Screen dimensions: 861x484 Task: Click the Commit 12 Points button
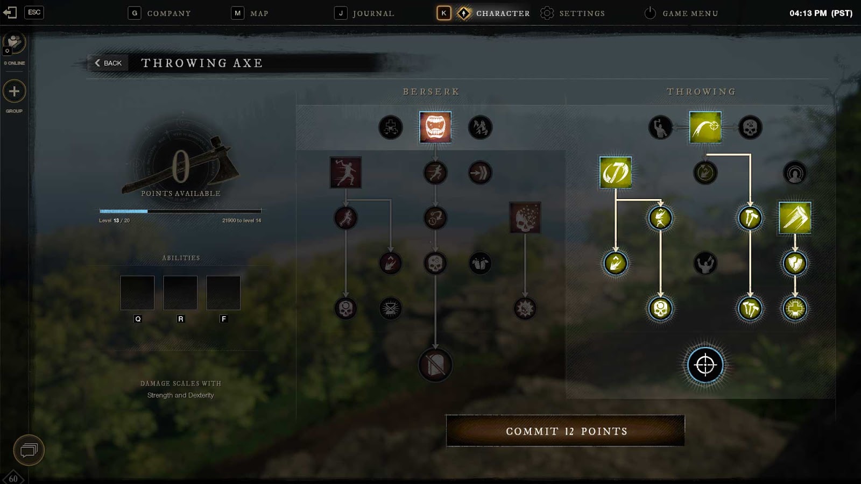(x=565, y=431)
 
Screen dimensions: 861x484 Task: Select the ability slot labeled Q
(x=137, y=293)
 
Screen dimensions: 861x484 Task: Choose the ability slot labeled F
(x=223, y=293)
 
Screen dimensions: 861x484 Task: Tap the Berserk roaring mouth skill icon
(x=435, y=127)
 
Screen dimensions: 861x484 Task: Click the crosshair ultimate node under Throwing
(x=705, y=365)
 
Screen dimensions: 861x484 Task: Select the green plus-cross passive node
(x=795, y=308)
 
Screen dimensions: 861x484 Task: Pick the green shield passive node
(x=795, y=263)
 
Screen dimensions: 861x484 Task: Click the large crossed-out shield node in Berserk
(x=435, y=365)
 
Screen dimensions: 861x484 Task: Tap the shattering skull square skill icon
(x=525, y=218)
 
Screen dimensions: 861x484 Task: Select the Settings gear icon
(x=547, y=13)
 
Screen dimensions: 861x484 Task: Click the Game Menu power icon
(x=650, y=13)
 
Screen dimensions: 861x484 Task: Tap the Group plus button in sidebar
(x=14, y=91)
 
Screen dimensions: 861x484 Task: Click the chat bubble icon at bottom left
(x=29, y=450)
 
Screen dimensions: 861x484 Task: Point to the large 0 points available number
(x=181, y=166)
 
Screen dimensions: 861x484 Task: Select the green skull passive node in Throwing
(x=660, y=308)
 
